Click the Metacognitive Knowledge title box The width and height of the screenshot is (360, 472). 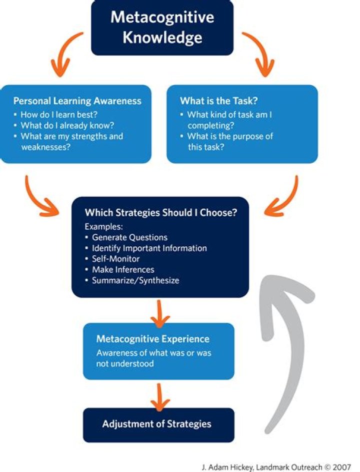pos(162,27)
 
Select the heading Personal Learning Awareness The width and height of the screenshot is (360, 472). pos(77,101)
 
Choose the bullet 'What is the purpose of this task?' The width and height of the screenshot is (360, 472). pos(229,142)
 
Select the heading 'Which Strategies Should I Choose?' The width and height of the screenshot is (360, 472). pos(160,212)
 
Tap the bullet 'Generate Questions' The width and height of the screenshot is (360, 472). pos(129,237)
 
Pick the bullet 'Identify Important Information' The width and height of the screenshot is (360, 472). pos(148,248)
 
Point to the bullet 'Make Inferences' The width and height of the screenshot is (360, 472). pos(122,270)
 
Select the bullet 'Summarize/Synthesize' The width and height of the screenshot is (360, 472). pos(135,281)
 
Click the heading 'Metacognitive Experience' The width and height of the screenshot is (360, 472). pos(152,339)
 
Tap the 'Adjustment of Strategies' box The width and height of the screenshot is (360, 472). pos(157,424)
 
